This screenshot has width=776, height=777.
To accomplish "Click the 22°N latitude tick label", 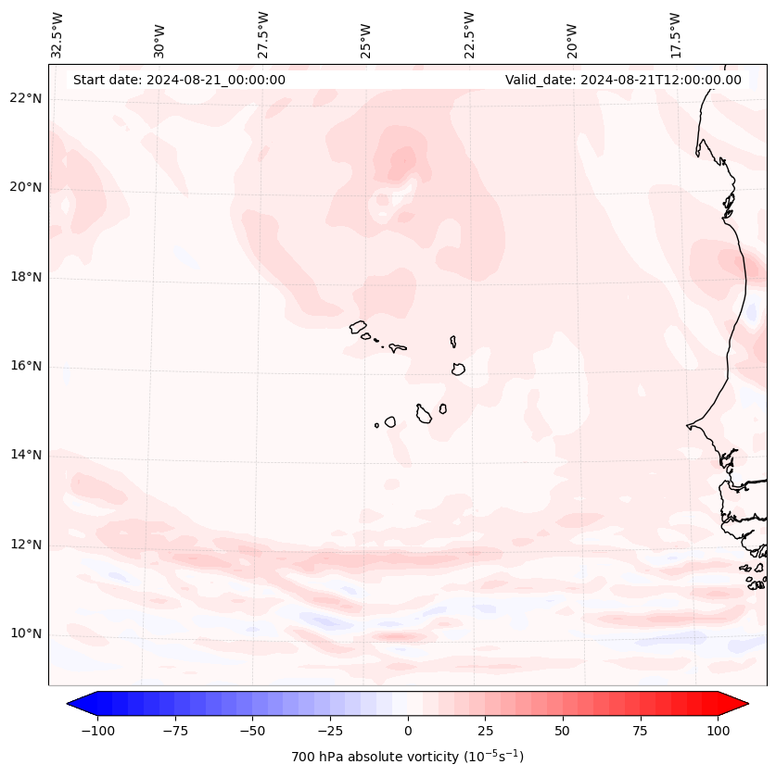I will pyautogui.click(x=25, y=98).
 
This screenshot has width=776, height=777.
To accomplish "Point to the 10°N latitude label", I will pyautogui.click(x=25, y=634).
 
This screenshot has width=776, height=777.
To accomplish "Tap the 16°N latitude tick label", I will pyautogui.click(x=25, y=366).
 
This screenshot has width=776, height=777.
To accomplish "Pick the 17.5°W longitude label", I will pyautogui.click(x=675, y=35).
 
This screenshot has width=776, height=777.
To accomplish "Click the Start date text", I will pyautogui.click(x=179, y=80).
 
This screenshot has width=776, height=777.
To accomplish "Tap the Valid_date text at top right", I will pyautogui.click(x=623, y=80).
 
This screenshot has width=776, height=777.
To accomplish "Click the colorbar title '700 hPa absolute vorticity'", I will pyautogui.click(x=407, y=757).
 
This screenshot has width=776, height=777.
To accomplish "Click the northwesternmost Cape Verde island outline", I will pyautogui.click(x=358, y=326).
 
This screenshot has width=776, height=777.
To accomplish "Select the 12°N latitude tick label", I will pyautogui.click(x=25, y=545).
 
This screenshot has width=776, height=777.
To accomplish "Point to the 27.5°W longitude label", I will pyautogui.click(x=263, y=35).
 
